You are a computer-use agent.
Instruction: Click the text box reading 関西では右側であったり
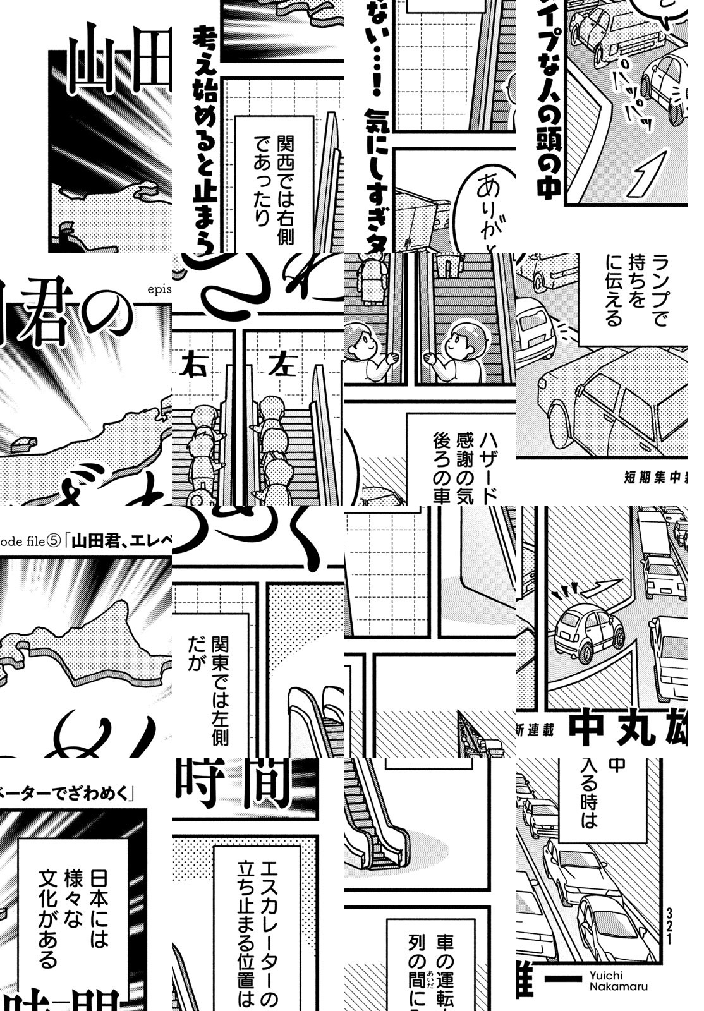point(275,183)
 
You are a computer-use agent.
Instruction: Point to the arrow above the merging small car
point(600,588)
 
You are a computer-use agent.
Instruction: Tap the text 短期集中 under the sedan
point(651,477)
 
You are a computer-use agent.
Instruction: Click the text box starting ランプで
point(632,297)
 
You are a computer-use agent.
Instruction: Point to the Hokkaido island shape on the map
point(95,638)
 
